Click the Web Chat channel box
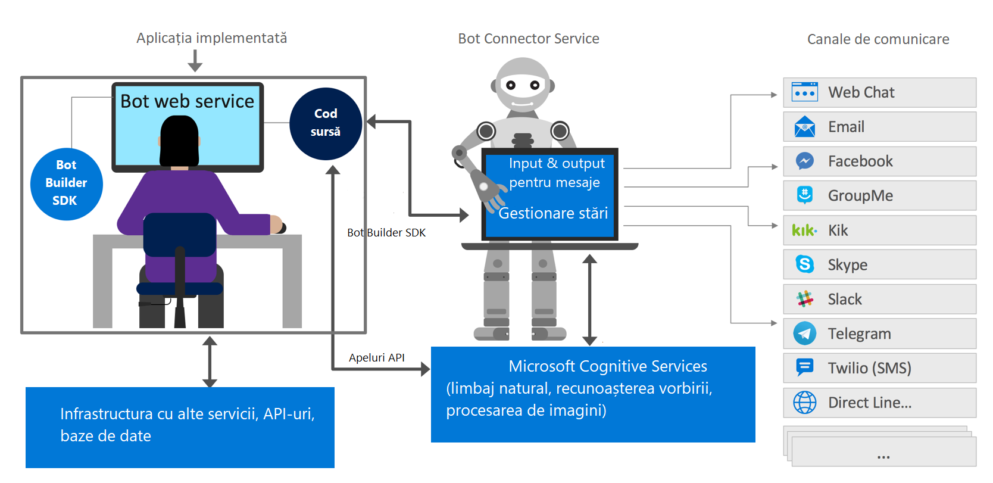tap(879, 92)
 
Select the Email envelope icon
tap(805, 127)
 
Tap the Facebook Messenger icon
tap(805, 161)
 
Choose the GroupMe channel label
tap(860, 196)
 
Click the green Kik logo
tap(804, 230)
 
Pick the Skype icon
tap(805, 264)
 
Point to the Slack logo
tap(805, 299)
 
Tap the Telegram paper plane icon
tap(805, 334)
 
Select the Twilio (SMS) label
tap(869, 368)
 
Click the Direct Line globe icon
tap(805, 403)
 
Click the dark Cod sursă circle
tap(326, 123)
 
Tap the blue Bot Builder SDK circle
tap(66, 183)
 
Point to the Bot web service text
tap(187, 101)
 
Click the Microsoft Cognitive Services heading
tap(608, 366)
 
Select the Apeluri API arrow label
tap(376, 358)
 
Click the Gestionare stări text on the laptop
tap(553, 213)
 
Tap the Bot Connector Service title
tap(529, 39)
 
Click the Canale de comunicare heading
tap(878, 39)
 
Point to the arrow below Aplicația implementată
tap(195, 61)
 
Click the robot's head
tap(523, 83)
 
